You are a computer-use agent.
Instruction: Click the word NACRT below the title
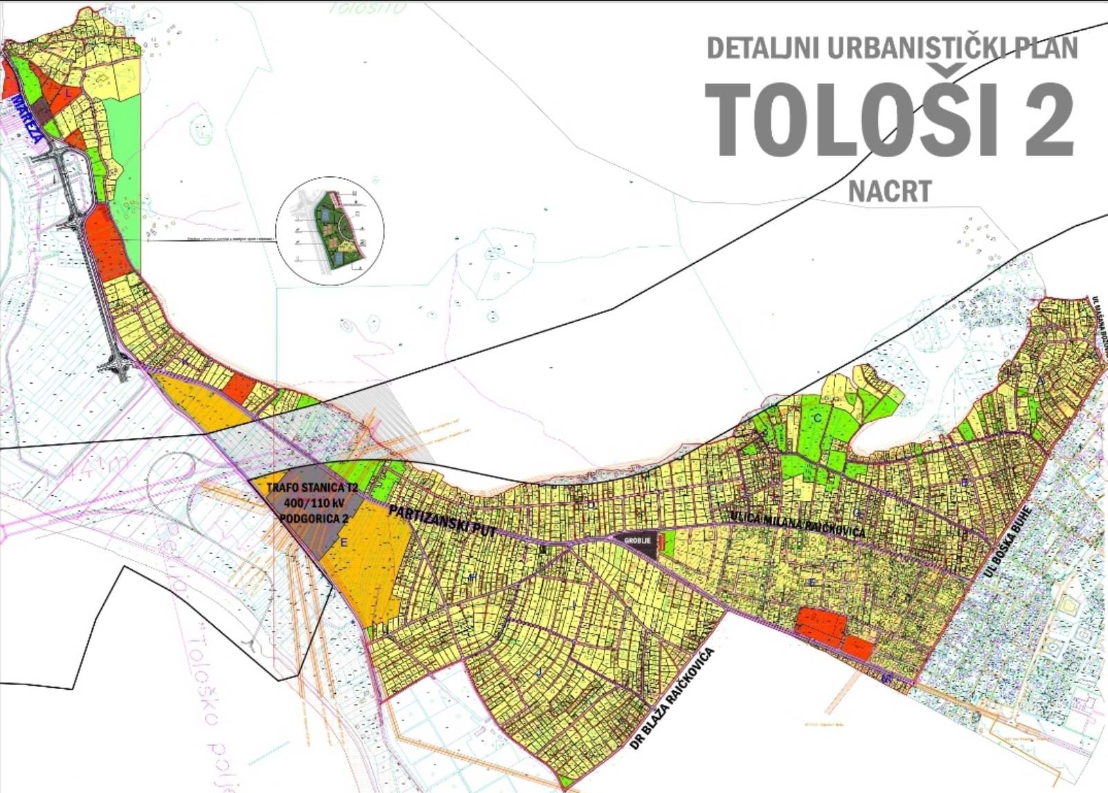890,191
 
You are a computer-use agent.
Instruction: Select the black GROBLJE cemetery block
636,544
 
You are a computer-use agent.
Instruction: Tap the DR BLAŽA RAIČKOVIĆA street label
672,700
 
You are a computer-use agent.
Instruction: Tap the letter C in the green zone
817,418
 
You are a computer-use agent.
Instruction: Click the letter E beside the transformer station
343,543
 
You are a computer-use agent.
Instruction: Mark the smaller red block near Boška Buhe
859,648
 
